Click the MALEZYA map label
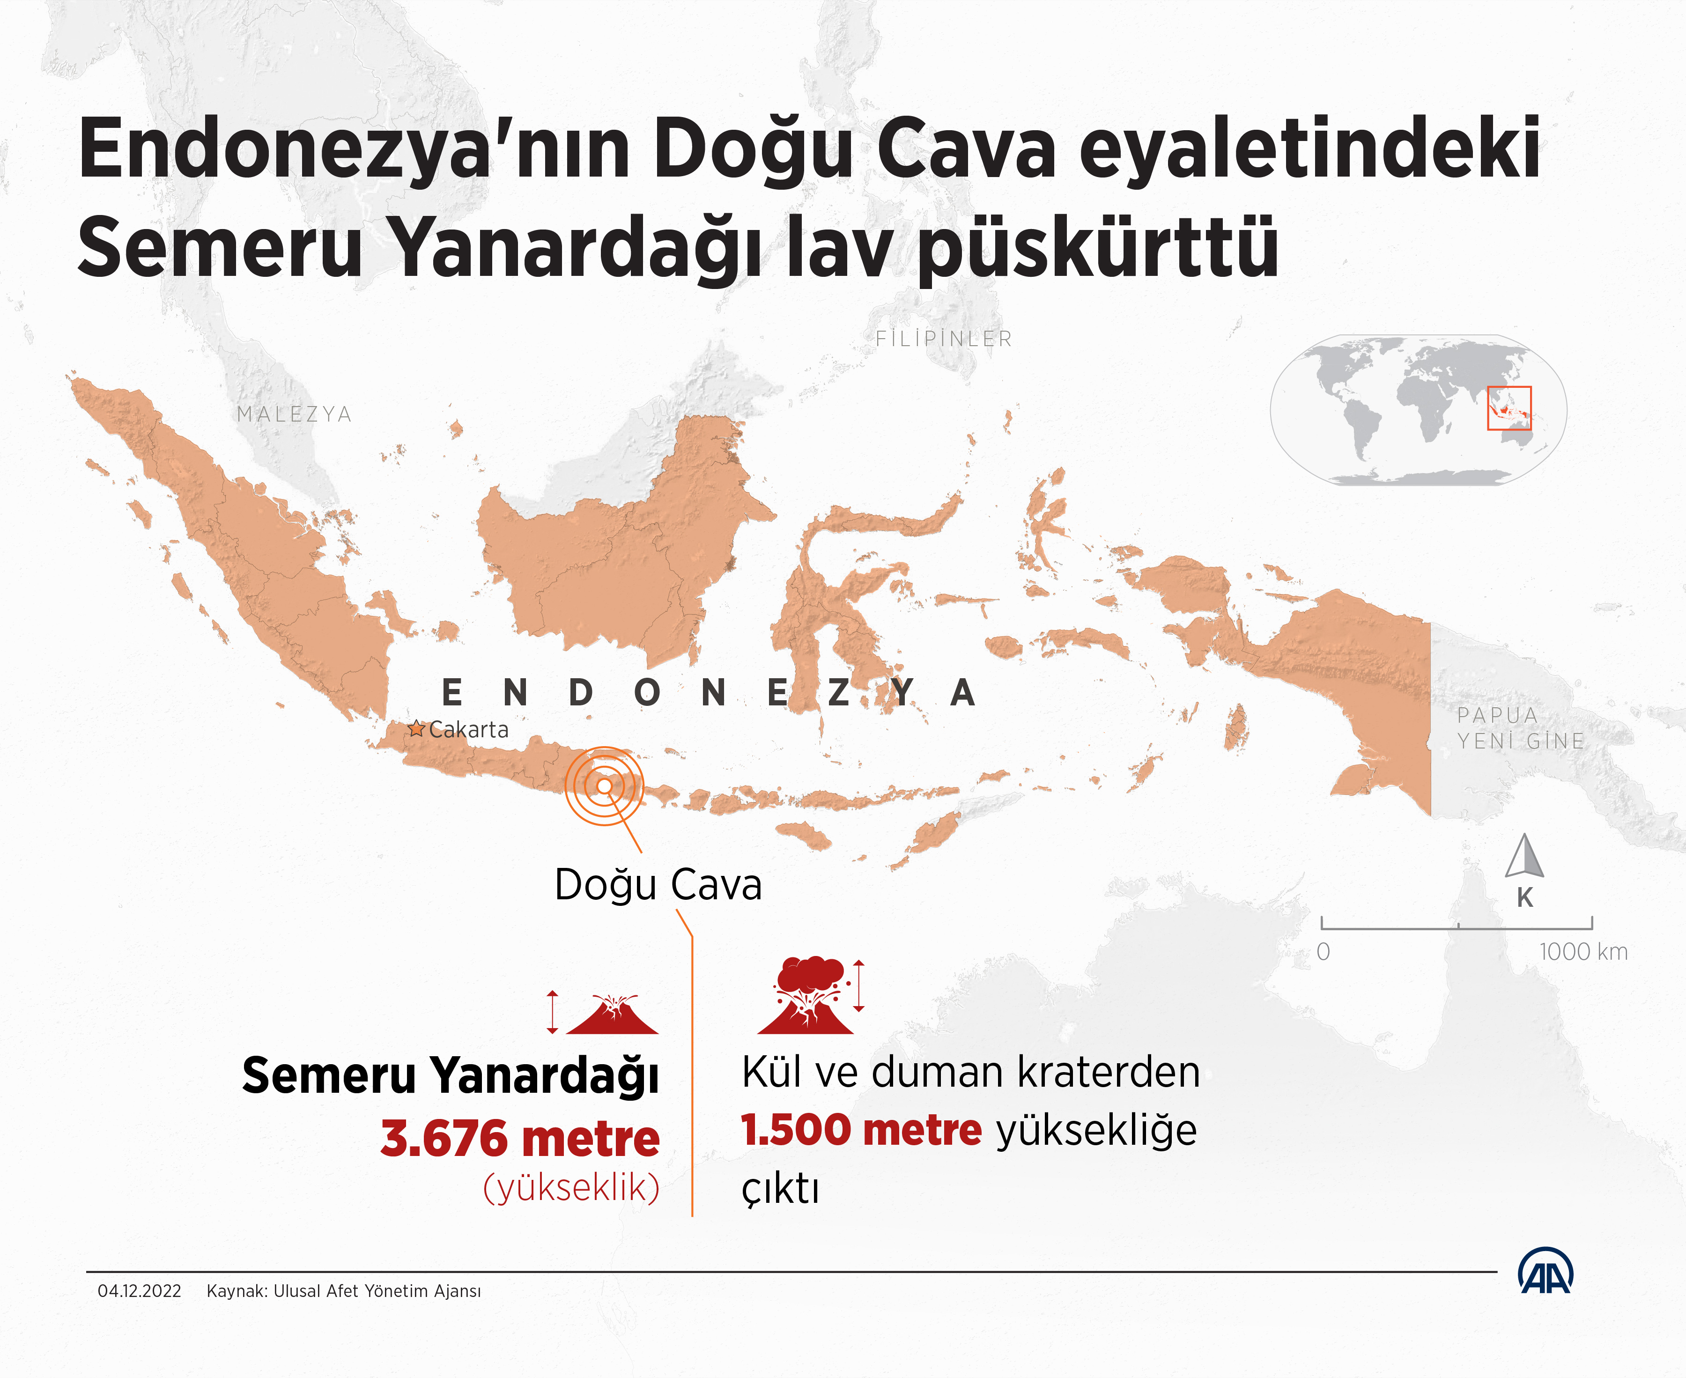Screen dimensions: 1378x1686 pyautogui.click(x=294, y=415)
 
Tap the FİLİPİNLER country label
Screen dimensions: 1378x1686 pyautogui.click(x=944, y=339)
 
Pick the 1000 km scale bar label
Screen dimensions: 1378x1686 pyautogui.click(x=1583, y=952)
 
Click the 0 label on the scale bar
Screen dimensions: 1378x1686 pyautogui.click(x=1323, y=952)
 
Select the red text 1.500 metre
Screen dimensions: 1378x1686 pyautogui.click(x=861, y=1130)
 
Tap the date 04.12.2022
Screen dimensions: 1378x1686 pyautogui.click(x=139, y=1291)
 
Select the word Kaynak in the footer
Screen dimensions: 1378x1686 pyautogui.click(x=235, y=1291)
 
